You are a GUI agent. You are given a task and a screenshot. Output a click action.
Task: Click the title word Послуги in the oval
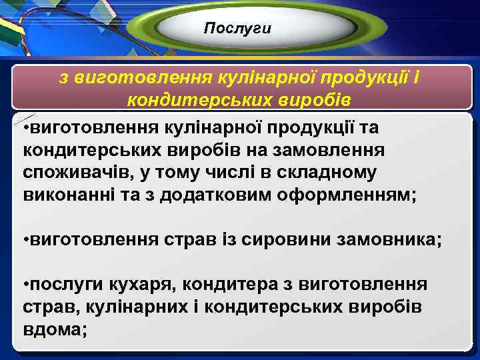pyautogui.click(x=238, y=28)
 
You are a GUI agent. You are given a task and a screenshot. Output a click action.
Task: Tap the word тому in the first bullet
pyautogui.click(x=182, y=173)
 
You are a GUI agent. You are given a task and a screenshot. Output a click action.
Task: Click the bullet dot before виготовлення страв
pyautogui.click(x=25, y=240)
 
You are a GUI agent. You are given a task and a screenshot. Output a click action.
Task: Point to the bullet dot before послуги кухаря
pyautogui.click(x=25, y=285)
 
